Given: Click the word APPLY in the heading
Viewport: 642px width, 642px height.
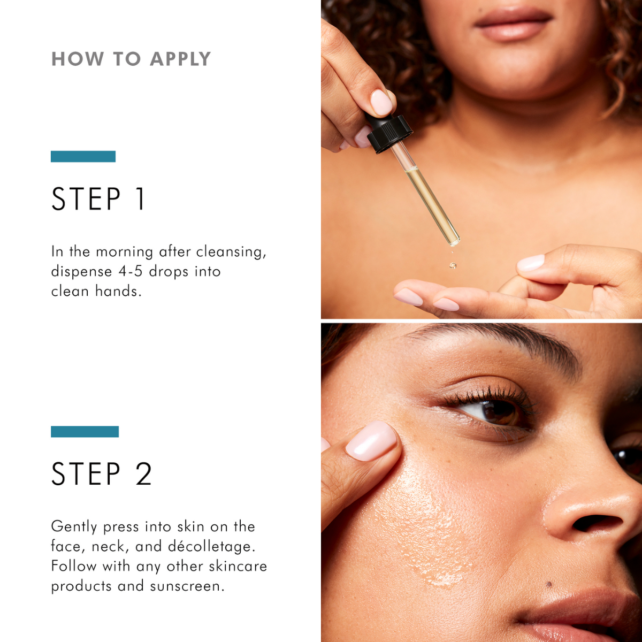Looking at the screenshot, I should pyautogui.click(x=180, y=59).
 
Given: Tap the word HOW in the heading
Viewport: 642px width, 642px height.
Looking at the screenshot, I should pyautogui.click(x=78, y=59).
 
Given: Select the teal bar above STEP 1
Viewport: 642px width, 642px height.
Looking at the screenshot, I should pyautogui.click(x=83, y=156).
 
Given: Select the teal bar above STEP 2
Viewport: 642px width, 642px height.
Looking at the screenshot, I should pyautogui.click(x=85, y=432).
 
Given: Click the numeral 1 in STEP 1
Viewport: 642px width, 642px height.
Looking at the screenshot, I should pyautogui.click(x=140, y=199).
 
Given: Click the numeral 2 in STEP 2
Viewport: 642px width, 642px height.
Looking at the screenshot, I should pyautogui.click(x=143, y=474).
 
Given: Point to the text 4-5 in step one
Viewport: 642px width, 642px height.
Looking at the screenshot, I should pyautogui.click(x=131, y=272).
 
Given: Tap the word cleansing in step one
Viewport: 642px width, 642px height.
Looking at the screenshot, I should pyautogui.click(x=231, y=252).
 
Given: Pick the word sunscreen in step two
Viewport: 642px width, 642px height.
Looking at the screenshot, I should pyautogui.click(x=187, y=586).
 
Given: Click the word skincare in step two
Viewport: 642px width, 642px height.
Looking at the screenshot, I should pyautogui.click(x=238, y=567).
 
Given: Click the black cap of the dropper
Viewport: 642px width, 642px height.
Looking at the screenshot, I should pyautogui.click(x=389, y=133).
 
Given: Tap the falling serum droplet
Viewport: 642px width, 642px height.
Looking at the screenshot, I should pyautogui.click(x=453, y=265).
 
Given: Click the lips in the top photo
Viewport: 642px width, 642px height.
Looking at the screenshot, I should pyautogui.click(x=513, y=24).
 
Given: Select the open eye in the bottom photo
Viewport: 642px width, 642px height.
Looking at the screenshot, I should pyautogui.click(x=495, y=410).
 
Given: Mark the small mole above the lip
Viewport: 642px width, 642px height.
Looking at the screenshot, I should pyautogui.click(x=548, y=584).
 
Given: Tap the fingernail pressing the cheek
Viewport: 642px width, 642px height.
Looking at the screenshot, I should pyautogui.click(x=371, y=440).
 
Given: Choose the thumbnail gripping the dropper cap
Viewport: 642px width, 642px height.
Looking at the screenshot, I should pyautogui.click(x=381, y=102).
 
